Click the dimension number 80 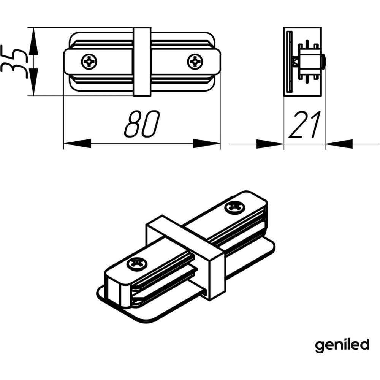142,124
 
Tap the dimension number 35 13,61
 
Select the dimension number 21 305,125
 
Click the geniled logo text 342,345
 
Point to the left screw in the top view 89,62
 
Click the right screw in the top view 195,62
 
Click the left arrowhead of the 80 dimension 77,143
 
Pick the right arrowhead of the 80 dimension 206,143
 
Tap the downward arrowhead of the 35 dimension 33,82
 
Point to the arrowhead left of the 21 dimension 270,144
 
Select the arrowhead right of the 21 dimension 339,144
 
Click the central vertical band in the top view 142,62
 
